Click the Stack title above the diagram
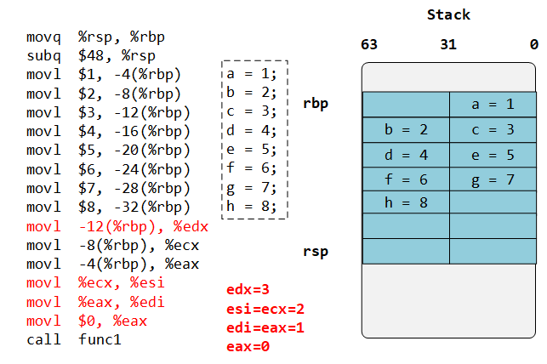pos(447,14)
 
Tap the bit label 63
pos(369,45)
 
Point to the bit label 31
pos(448,45)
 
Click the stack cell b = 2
pos(406,130)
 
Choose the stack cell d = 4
pos(406,155)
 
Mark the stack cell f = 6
pos(406,179)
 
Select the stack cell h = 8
pos(406,203)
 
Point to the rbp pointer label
pos(316,105)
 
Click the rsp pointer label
pos(316,252)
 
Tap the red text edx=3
pos(249,290)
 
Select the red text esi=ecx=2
pos(265,309)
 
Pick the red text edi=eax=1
pos(265,327)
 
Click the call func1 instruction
pos(74,339)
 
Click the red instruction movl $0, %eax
pos(87,321)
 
